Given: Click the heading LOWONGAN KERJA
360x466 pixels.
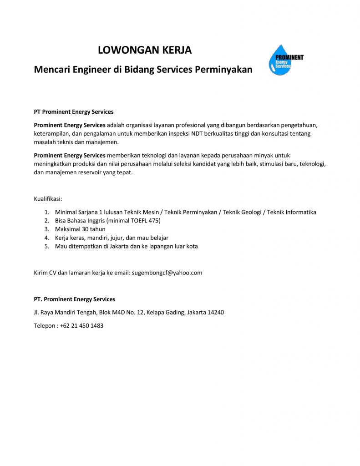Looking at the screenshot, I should click(x=145, y=51).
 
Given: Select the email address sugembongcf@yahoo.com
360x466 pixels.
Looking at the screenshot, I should click(x=167, y=273).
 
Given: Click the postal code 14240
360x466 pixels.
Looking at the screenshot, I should click(x=216, y=312).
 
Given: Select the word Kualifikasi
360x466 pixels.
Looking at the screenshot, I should click(x=48, y=199).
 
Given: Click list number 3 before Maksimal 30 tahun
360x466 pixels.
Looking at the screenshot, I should click(x=46, y=229).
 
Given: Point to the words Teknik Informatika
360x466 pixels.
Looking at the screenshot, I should click(x=291, y=212).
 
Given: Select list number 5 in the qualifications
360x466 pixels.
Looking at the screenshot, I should click(x=46, y=246).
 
